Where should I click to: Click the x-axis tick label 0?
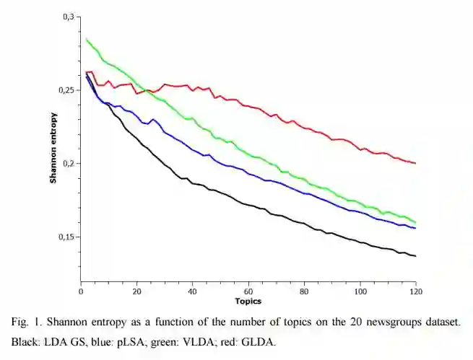81,291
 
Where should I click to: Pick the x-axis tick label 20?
136,291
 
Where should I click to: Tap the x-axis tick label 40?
192,291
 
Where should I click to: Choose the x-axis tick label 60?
248,291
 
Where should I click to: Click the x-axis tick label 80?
304,291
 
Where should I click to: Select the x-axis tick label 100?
360,291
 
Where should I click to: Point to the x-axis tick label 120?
415,291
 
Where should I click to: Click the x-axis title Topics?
248,301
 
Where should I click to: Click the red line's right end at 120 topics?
415,163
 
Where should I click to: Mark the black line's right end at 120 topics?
415,256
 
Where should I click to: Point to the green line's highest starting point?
87,39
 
